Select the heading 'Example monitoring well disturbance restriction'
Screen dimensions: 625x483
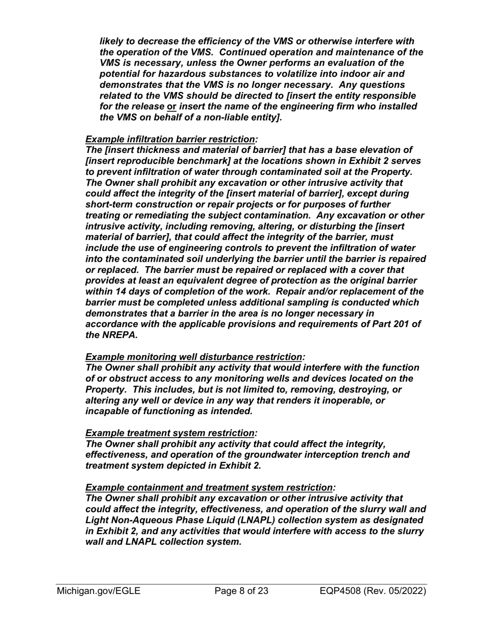point(194,357)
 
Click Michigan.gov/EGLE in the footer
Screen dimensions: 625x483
point(99,591)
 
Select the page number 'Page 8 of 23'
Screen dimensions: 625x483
point(242,591)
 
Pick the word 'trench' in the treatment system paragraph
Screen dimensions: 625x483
point(382,455)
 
